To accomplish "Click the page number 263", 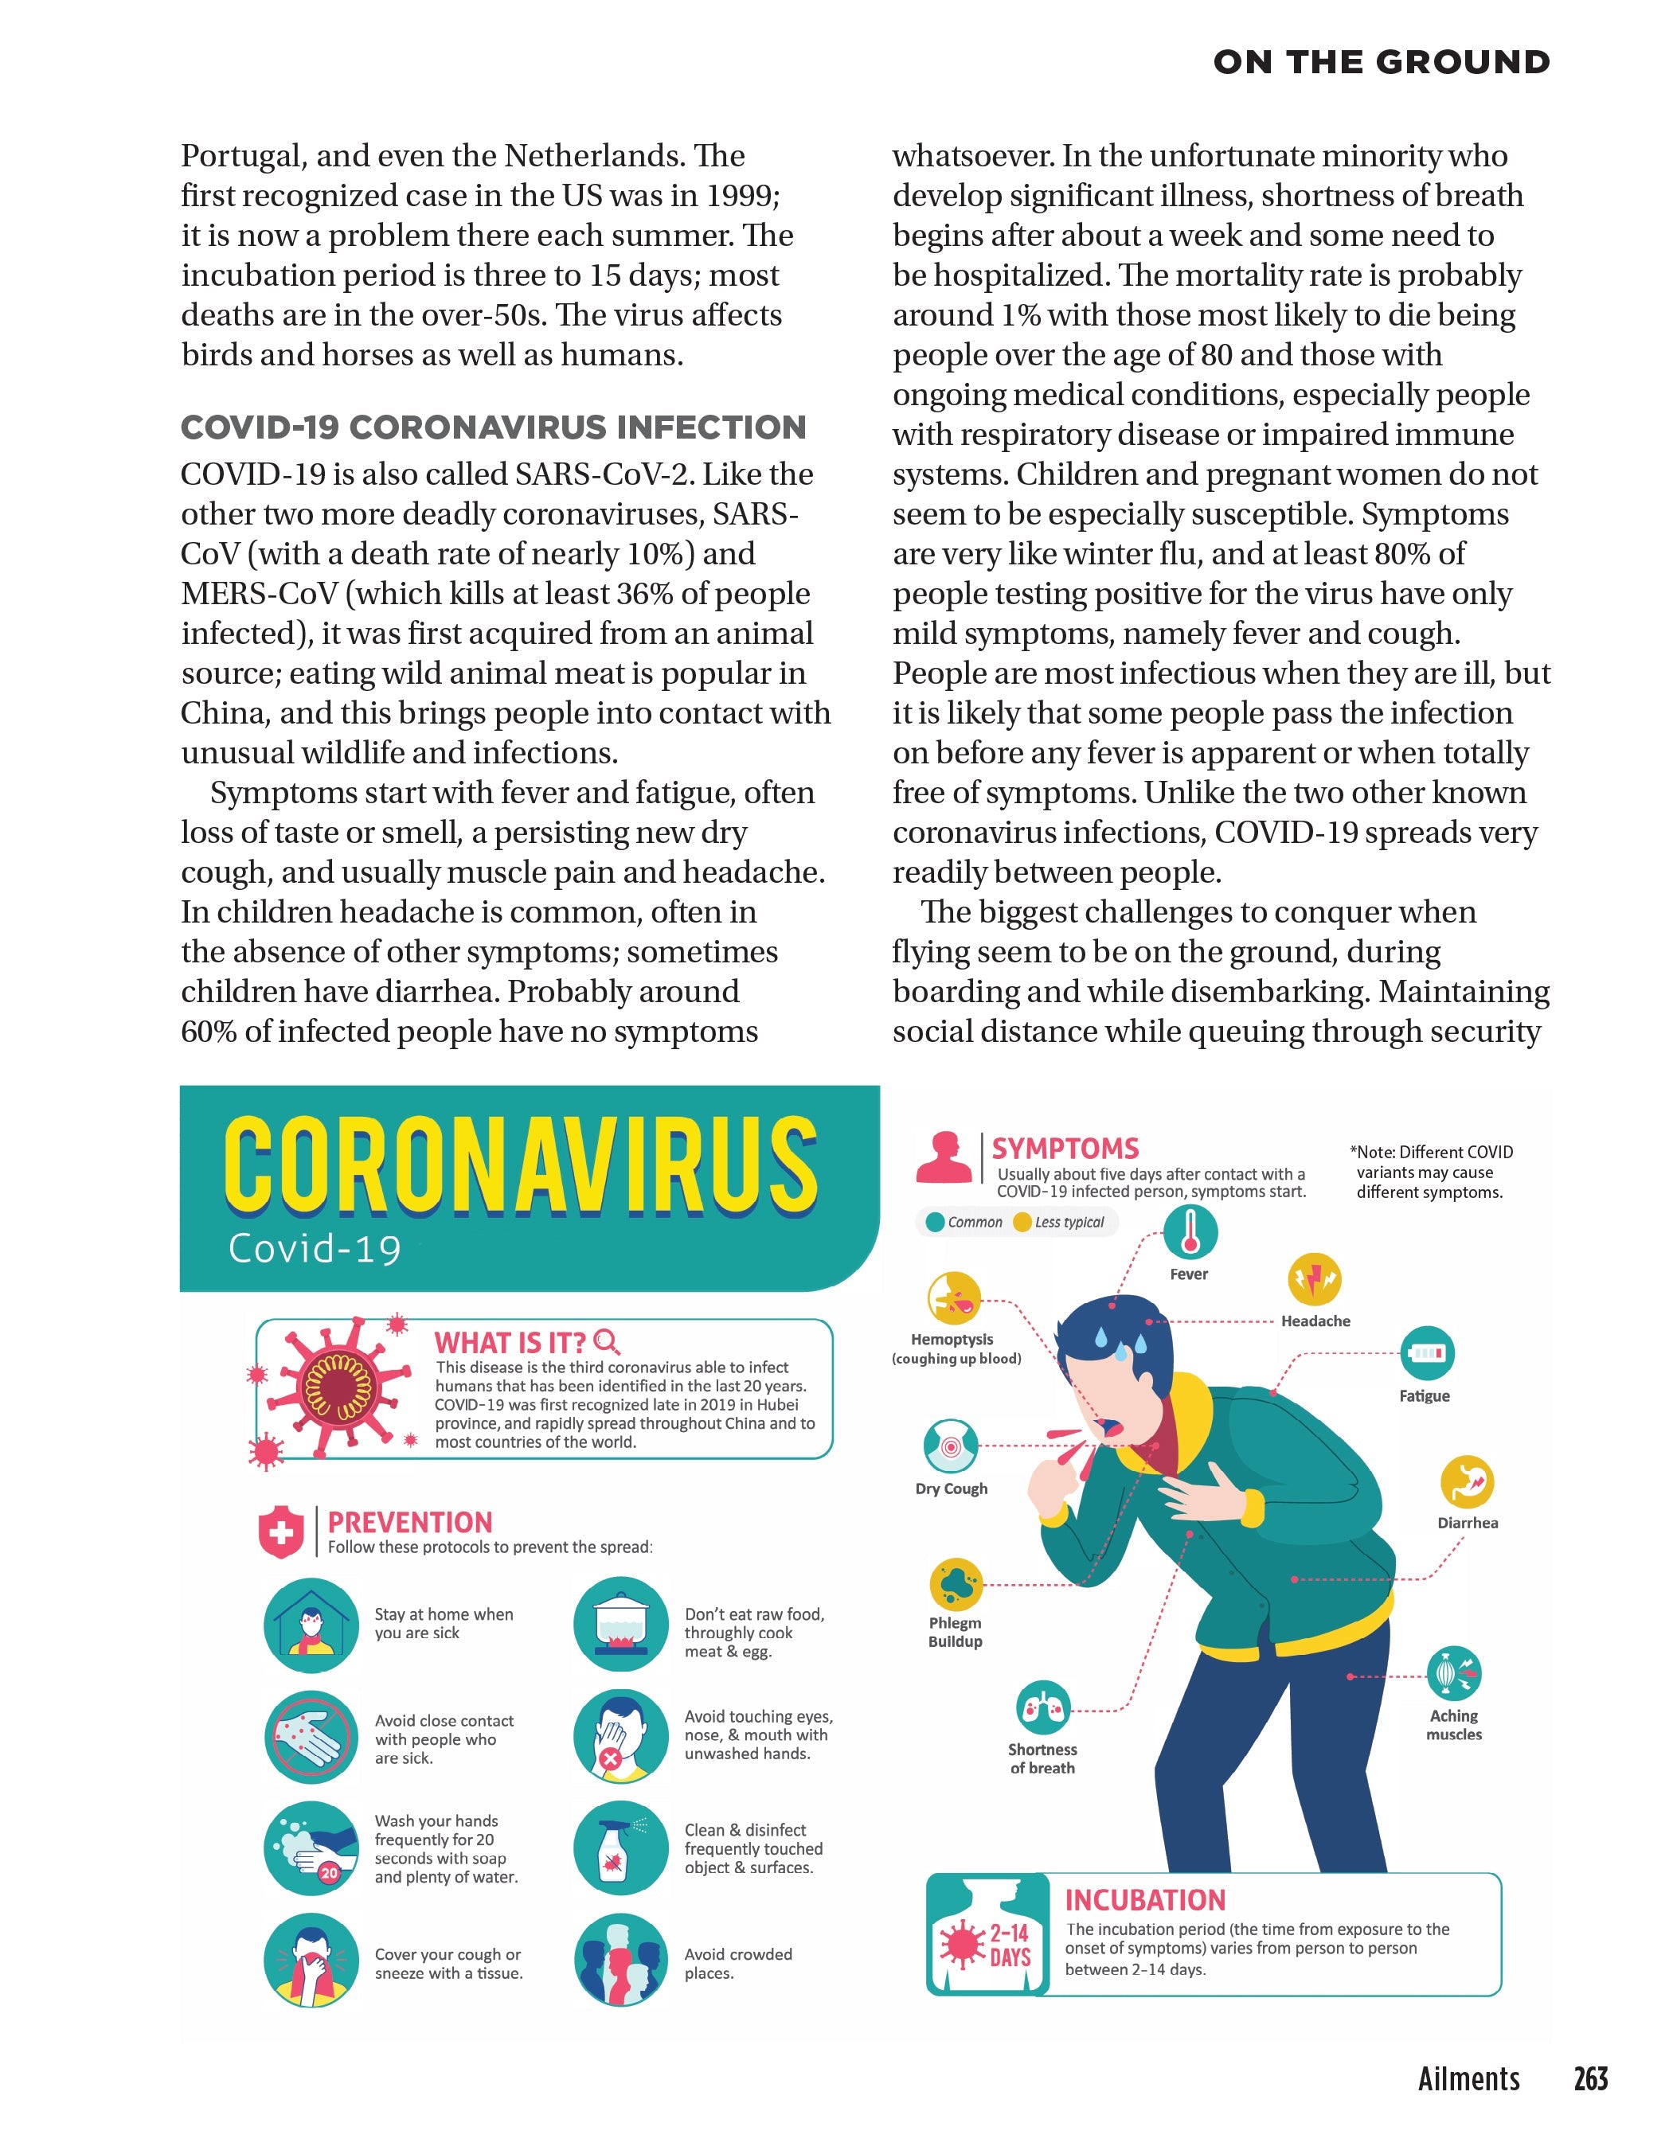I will tap(1590, 2078).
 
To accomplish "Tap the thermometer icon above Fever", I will tap(1190, 1231).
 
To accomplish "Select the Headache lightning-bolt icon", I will tap(1315, 1280).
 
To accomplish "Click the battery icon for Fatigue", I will tap(1427, 1353).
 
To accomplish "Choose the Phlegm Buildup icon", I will tap(956, 1585).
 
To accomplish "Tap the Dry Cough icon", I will tap(950, 1446).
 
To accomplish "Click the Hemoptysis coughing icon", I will tap(953, 1298).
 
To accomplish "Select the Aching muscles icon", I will tap(1454, 1672).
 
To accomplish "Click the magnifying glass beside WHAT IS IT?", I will tap(608, 1340).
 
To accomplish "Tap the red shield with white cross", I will tap(280, 1532).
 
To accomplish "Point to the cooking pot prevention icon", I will tap(620, 1625).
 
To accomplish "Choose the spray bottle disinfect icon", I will tap(620, 1849).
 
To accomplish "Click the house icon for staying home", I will tap(311, 1625).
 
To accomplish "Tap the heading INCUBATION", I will tap(1145, 1899).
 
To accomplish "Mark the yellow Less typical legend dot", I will tap(1022, 1223).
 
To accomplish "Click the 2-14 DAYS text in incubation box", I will tap(1010, 1945).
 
